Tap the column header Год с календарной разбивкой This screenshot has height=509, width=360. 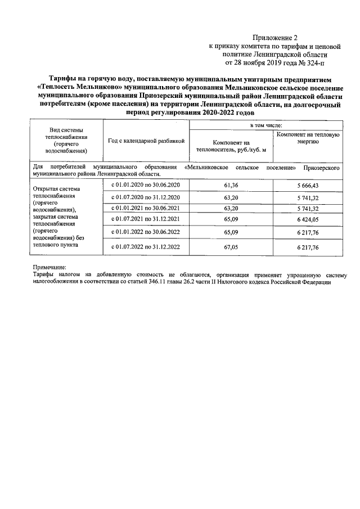(146, 141)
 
